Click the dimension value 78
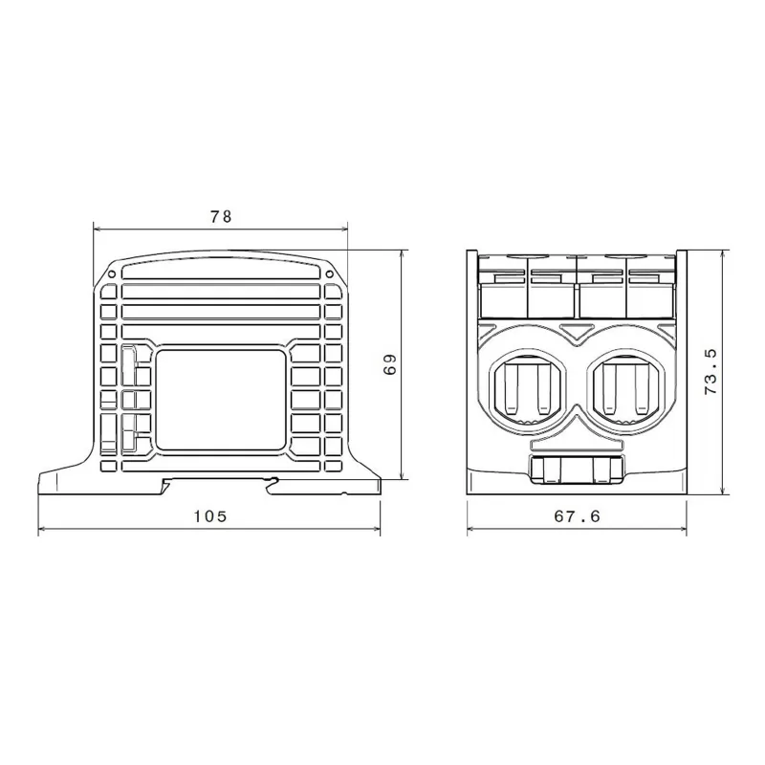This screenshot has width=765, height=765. coord(221,217)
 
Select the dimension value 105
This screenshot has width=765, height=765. coord(210,516)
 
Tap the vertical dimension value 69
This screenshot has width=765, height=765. coord(390,364)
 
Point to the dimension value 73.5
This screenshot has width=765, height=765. coord(710,372)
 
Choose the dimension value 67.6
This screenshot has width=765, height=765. coord(578,516)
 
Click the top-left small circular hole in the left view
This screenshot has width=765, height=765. coord(111,273)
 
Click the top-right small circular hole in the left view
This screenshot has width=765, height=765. coord(329,273)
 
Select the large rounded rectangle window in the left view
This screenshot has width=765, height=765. coord(221,400)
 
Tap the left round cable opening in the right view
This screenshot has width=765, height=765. coord(529,385)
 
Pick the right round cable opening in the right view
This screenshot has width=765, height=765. coord(627,385)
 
